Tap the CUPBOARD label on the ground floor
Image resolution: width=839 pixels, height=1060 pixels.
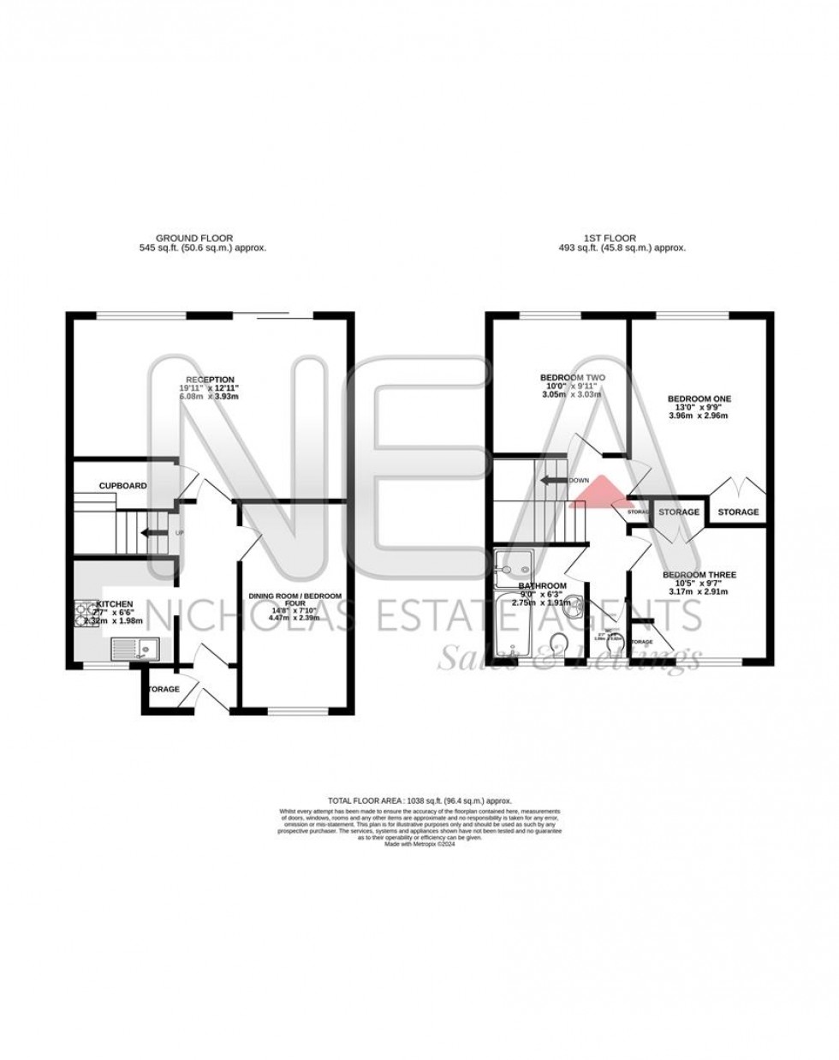tap(122, 486)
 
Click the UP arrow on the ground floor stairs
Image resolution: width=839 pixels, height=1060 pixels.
tap(157, 533)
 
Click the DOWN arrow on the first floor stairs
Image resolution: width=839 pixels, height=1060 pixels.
tap(551, 480)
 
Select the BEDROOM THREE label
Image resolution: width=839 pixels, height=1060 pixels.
tap(699, 575)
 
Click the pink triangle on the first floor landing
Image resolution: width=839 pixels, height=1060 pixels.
tap(599, 491)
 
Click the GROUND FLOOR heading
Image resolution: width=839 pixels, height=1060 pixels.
tap(193, 238)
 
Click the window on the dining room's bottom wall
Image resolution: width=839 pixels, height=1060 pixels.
tap(295, 710)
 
